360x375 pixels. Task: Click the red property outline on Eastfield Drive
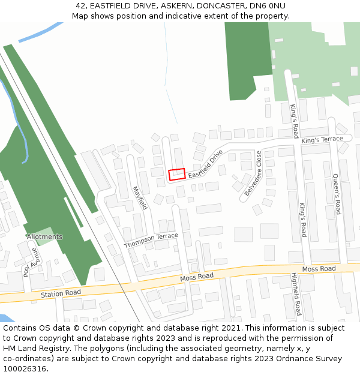[x=176, y=174]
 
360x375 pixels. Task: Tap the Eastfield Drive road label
[x=205, y=164]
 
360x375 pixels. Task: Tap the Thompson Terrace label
[x=151, y=241]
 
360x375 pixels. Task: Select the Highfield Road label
[x=295, y=294]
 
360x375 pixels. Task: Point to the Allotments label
[x=44, y=237]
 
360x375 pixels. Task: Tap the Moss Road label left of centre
[x=197, y=277]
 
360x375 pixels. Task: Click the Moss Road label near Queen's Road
[x=319, y=269]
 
